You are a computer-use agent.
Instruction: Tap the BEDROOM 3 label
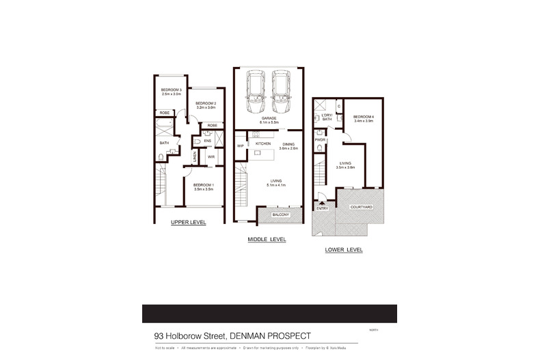click(171, 91)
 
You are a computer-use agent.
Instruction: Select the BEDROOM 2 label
click(206, 103)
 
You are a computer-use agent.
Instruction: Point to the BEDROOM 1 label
click(203, 185)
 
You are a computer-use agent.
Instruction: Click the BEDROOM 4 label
click(363, 117)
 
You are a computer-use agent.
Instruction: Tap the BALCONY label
click(281, 215)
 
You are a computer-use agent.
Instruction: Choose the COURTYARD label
click(361, 207)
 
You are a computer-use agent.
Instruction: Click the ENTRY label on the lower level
click(323, 208)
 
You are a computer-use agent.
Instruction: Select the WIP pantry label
click(241, 146)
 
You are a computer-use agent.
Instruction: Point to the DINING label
click(288, 144)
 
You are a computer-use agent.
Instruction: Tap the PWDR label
click(319, 140)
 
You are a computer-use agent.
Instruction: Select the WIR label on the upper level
click(211, 156)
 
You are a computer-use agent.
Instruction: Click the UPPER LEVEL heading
click(188, 223)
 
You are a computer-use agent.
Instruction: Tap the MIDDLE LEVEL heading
click(267, 240)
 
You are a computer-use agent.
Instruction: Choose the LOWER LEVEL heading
click(344, 249)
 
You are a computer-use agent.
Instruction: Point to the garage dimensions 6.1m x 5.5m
click(267, 121)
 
